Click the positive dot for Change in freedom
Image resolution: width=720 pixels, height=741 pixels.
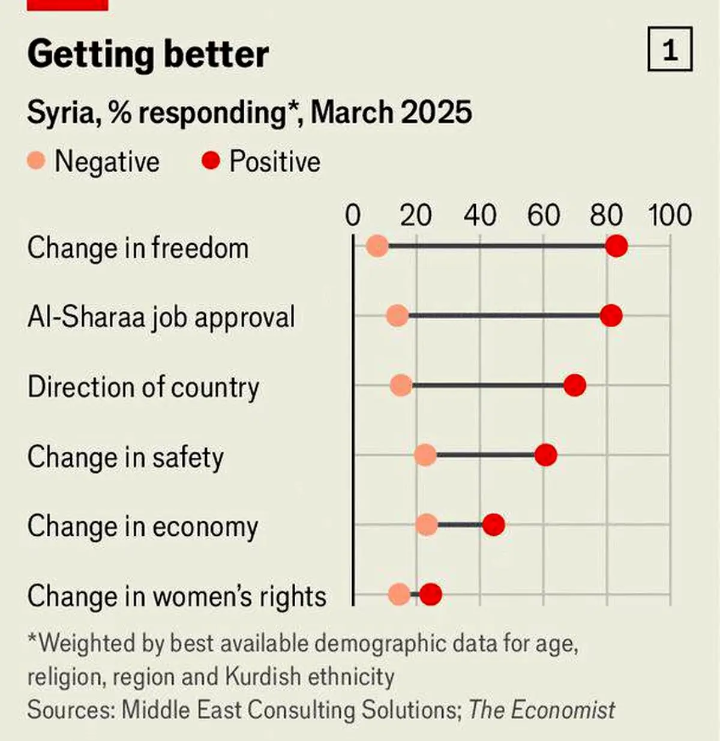point(616,246)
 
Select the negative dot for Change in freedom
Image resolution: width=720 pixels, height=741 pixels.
point(377,246)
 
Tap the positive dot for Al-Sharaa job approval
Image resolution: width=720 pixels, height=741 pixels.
point(611,316)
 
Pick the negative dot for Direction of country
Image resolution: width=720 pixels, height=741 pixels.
point(401,385)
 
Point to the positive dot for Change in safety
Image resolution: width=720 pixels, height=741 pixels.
point(545,455)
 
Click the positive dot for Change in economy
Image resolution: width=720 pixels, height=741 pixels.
point(493,524)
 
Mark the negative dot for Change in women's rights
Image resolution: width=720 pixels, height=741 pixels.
point(400,594)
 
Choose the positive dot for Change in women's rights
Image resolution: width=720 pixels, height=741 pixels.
point(431,594)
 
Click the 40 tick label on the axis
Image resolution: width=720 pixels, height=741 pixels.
point(480,215)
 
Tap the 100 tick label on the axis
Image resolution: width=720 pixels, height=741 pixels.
point(670,215)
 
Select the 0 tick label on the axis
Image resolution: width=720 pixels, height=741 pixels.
point(353,215)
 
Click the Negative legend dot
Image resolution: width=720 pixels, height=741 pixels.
point(37,160)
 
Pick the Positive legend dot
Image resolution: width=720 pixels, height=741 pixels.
point(211,160)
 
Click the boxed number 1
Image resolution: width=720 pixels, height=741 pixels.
point(670,49)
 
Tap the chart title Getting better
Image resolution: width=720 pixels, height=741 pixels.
point(148,55)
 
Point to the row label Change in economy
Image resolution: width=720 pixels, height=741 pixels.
point(143,527)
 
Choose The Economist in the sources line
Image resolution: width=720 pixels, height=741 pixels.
point(541,710)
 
